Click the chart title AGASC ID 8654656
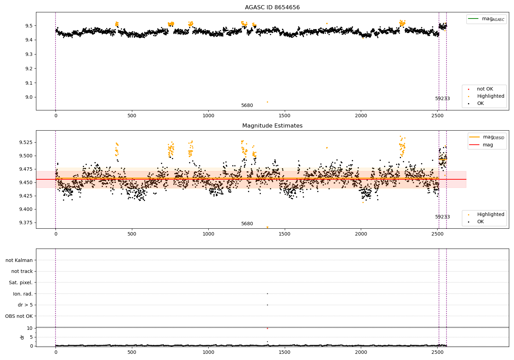[272, 7]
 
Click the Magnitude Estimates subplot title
[272, 125]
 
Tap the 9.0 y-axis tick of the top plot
[29, 97]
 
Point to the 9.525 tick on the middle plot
[26, 142]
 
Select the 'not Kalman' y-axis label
[19, 260]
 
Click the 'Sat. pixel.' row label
[21, 283]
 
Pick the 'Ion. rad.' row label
[23, 293]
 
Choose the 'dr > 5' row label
[25, 305]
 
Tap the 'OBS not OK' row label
[19, 316]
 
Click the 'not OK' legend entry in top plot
[485, 89]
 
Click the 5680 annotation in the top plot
[247, 105]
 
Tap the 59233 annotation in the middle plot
[442, 217]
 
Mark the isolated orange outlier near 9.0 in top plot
[267, 102]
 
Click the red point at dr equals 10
[267, 328]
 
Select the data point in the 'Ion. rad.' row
[267, 293]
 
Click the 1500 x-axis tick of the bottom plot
[284, 352]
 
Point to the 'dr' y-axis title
[22, 337]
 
